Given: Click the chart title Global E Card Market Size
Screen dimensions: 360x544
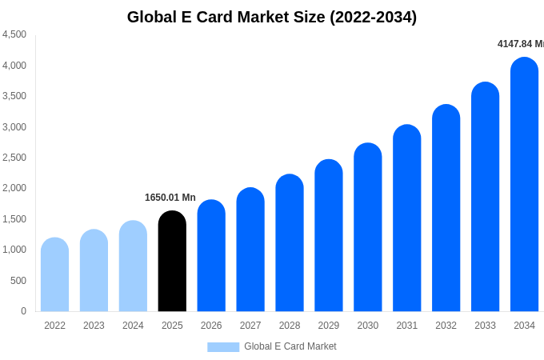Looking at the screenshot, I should [x=272, y=17].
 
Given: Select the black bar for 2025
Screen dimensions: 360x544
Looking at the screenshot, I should [x=172, y=262].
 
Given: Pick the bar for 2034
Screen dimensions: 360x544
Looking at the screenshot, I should [x=524, y=185].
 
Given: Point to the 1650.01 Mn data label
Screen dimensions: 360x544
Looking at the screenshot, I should [x=170, y=198].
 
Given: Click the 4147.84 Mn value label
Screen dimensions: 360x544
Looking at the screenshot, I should [x=521, y=44].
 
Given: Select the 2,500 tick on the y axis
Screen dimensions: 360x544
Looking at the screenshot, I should [x=14, y=158].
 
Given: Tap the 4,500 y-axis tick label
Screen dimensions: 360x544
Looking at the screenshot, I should [x=14, y=34].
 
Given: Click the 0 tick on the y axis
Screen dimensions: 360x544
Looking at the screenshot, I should [x=23, y=311].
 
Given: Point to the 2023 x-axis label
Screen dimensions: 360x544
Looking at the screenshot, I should [x=94, y=326].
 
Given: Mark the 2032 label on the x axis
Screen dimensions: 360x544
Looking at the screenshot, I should [x=446, y=326].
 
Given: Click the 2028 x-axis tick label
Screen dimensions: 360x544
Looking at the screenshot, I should [x=290, y=326].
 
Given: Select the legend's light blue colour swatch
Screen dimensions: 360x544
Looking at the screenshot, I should [x=223, y=347].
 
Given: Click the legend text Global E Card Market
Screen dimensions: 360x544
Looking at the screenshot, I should [x=290, y=346].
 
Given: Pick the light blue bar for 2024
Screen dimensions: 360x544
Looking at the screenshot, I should [x=133, y=266].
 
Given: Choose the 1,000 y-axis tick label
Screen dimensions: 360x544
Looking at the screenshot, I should [x=14, y=250].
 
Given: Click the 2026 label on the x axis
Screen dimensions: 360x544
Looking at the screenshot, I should [x=211, y=326].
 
